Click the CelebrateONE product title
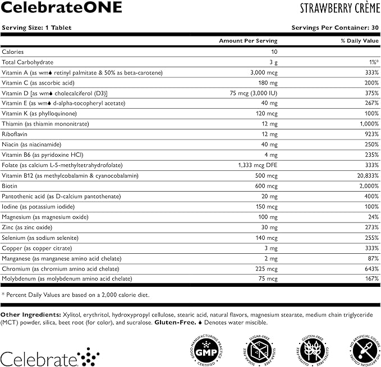[42, 8]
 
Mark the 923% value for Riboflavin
[370, 134]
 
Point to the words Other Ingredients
[26, 314]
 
